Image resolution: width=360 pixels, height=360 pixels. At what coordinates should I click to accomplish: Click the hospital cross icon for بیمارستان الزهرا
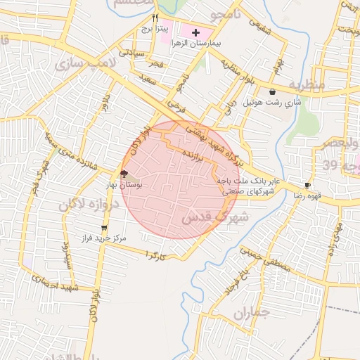[x=195, y=33]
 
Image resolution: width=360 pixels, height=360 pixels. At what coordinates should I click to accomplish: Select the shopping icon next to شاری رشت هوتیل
[x=272, y=91]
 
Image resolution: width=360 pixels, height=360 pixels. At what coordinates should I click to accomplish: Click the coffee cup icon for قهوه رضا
[x=307, y=186]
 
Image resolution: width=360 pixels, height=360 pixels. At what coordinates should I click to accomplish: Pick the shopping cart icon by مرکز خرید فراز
[x=105, y=228]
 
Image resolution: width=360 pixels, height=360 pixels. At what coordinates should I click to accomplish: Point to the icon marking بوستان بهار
[x=124, y=174]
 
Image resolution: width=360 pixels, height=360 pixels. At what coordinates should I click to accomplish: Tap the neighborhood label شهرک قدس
[x=215, y=217]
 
